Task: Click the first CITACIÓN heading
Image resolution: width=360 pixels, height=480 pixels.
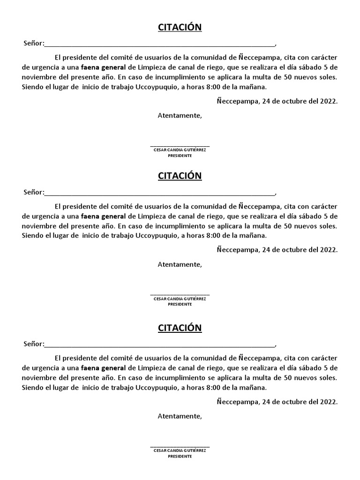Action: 180,27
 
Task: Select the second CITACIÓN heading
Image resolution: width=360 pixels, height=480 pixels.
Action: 180,176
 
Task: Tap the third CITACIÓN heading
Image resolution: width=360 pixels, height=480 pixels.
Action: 180,327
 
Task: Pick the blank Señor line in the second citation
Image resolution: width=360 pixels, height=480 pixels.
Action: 159,193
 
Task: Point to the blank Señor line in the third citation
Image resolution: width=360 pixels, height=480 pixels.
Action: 159,345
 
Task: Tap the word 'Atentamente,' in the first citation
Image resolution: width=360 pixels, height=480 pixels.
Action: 180,115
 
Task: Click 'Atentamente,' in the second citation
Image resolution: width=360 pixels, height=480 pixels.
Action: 180,264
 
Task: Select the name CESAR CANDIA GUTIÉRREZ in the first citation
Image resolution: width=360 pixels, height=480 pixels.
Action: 180,150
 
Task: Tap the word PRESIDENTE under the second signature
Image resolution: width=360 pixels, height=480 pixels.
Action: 180,304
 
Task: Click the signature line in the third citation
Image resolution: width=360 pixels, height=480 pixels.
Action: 180,447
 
